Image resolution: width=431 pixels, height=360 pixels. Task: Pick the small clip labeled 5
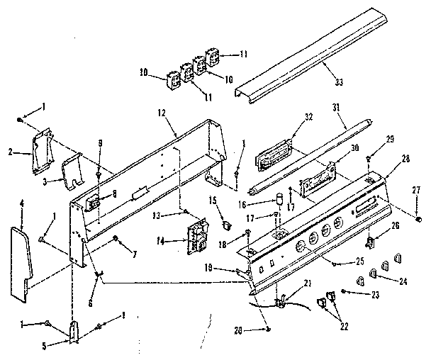(x=74, y=330)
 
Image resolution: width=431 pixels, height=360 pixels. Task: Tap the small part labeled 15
(x=227, y=225)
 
